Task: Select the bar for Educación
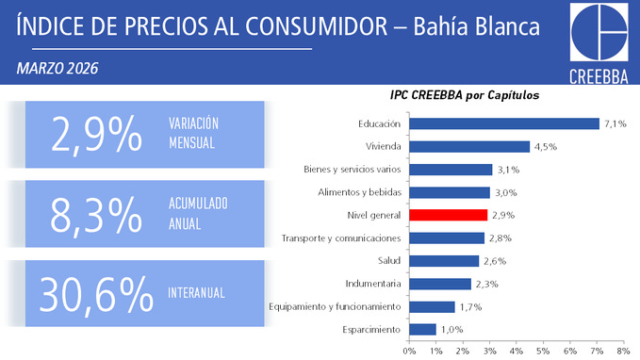pos(504,123)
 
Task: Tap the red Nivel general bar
pos(448,215)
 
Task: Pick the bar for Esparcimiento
pos(422,329)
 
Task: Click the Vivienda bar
pos(469,146)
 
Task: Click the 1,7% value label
pos(471,306)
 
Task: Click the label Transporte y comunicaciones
pos(341,238)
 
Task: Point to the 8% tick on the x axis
pos(623,351)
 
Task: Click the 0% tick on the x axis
pos(409,351)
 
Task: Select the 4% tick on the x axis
pos(516,351)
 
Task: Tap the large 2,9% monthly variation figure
pos(95,136)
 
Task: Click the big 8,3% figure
pos(95,215)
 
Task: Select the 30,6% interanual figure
pos(95,294)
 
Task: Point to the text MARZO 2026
pos(57,69)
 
